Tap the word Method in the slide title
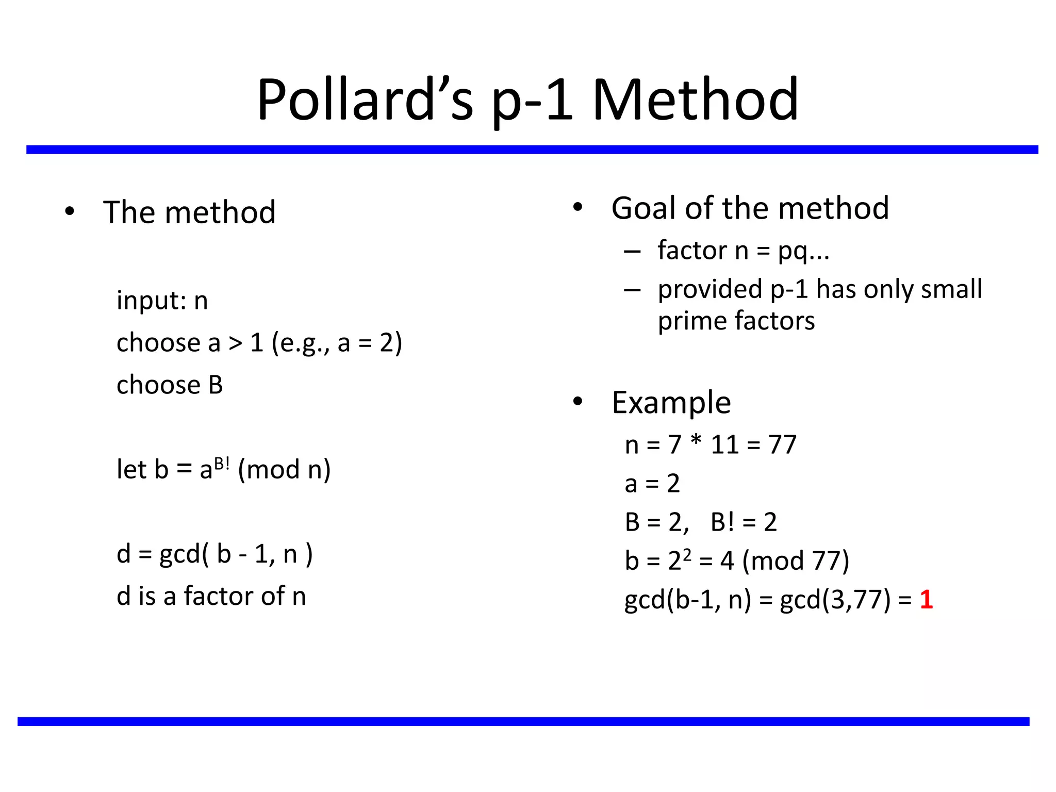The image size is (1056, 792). pyautogui.click(x=696, y=99)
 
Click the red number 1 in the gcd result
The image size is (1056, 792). pyautogui.click(x=926, y=599)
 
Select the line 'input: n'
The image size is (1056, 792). pyautogui.click(x=162, y=300)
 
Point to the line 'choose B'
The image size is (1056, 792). pyautogui.click(x=170, y=385)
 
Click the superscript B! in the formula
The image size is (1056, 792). pyautogui.click(x=222, y=463)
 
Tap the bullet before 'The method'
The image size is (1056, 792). pyautogui.click(x=70, y=211)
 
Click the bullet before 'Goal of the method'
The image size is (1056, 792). pyautogui.click(x=577, y=207)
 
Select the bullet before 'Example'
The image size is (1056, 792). pyautogui.click(x=577, y=402)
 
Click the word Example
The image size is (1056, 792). pyautogui.click(x=671, y=402)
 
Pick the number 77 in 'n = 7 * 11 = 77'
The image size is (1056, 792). pyautogui.click(x=782, y=444)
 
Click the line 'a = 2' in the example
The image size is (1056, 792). pyautogui.click(x=652, y=484)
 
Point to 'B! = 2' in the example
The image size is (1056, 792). pyautogui.click(x=744, y=522)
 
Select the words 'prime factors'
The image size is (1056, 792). pyautogui.click(x=736, y=321)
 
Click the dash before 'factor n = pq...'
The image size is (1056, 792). pyautogui.click(x=632, y=252)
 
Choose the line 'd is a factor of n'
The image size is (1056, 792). pyautogui.click(x=211, y=596)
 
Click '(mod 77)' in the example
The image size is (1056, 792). pyautogui.click(x=795, y=560)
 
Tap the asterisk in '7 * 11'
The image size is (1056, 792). pyautogui.click(x=696, y=441)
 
